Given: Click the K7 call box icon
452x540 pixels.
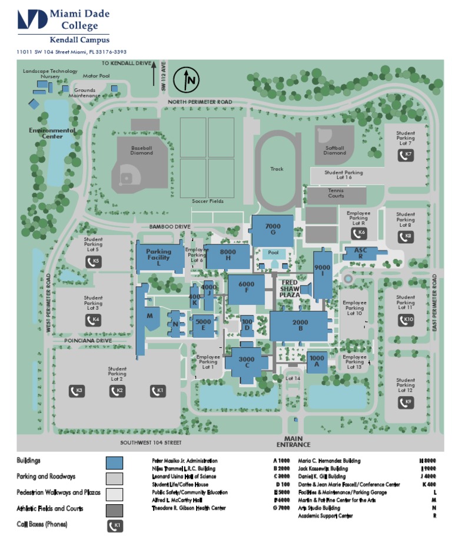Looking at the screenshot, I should tap(405, 155).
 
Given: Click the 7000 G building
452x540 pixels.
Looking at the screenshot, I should tap(272, 230).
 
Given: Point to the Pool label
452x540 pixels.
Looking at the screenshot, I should tap(273, 253).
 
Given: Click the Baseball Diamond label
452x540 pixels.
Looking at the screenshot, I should tap(141, 150).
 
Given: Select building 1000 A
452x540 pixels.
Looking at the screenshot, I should tap(317, 361).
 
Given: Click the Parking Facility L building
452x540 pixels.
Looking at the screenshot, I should tap(158, 256).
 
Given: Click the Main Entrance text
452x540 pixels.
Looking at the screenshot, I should tap(297, 441).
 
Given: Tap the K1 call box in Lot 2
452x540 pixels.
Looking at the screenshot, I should tap(157, 391).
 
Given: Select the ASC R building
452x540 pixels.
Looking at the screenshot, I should tap(360, 253).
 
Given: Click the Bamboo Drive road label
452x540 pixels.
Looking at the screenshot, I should tap(170, 226).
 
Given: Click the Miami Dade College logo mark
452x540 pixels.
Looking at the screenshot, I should tap(32, 19).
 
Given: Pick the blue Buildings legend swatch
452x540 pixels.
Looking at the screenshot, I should tap(114, 463).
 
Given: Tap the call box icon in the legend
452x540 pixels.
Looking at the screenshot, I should tap(114, 525).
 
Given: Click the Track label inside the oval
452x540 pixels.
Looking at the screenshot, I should tap(277, 169).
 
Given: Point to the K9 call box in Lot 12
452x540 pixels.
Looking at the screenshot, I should tap(405, 403).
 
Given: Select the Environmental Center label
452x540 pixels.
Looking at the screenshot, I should tap(52, 133).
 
